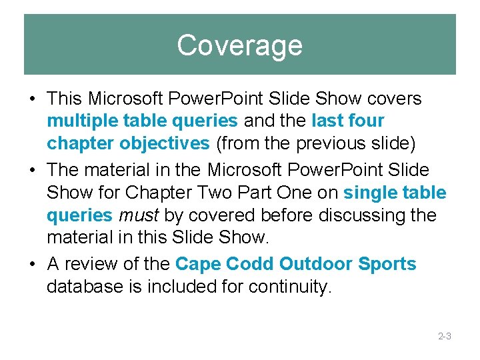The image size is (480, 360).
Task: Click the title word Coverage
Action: pos(239,45)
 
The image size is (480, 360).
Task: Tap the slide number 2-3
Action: pos(445,337)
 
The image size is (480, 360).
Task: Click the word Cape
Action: pos(198,264)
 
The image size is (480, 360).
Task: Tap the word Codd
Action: pos(251,264)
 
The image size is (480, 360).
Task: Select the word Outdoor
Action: pos(316,264)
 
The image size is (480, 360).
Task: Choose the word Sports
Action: pos(387,264)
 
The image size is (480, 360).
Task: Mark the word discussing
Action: pos(355,216)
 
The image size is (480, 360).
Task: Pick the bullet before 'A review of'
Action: pos(32,265)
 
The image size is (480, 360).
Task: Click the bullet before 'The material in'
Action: pos(32,170)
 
